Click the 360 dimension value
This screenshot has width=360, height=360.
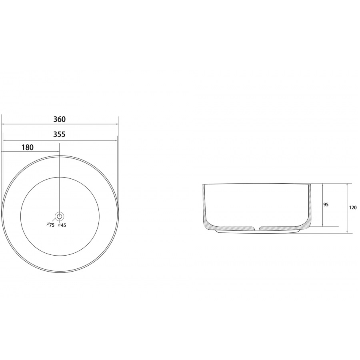[60, 119]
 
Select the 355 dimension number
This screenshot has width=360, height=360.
[59, 134]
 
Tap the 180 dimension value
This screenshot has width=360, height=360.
[28, 147]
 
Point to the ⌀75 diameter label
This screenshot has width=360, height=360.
[50, 225]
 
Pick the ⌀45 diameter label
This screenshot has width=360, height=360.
[62, 225]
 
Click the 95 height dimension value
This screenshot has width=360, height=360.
[326, 204]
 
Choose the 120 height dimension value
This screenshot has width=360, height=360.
[353, 208]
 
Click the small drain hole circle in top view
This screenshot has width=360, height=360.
[60, 216]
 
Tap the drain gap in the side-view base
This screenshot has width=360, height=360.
[257, 229]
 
